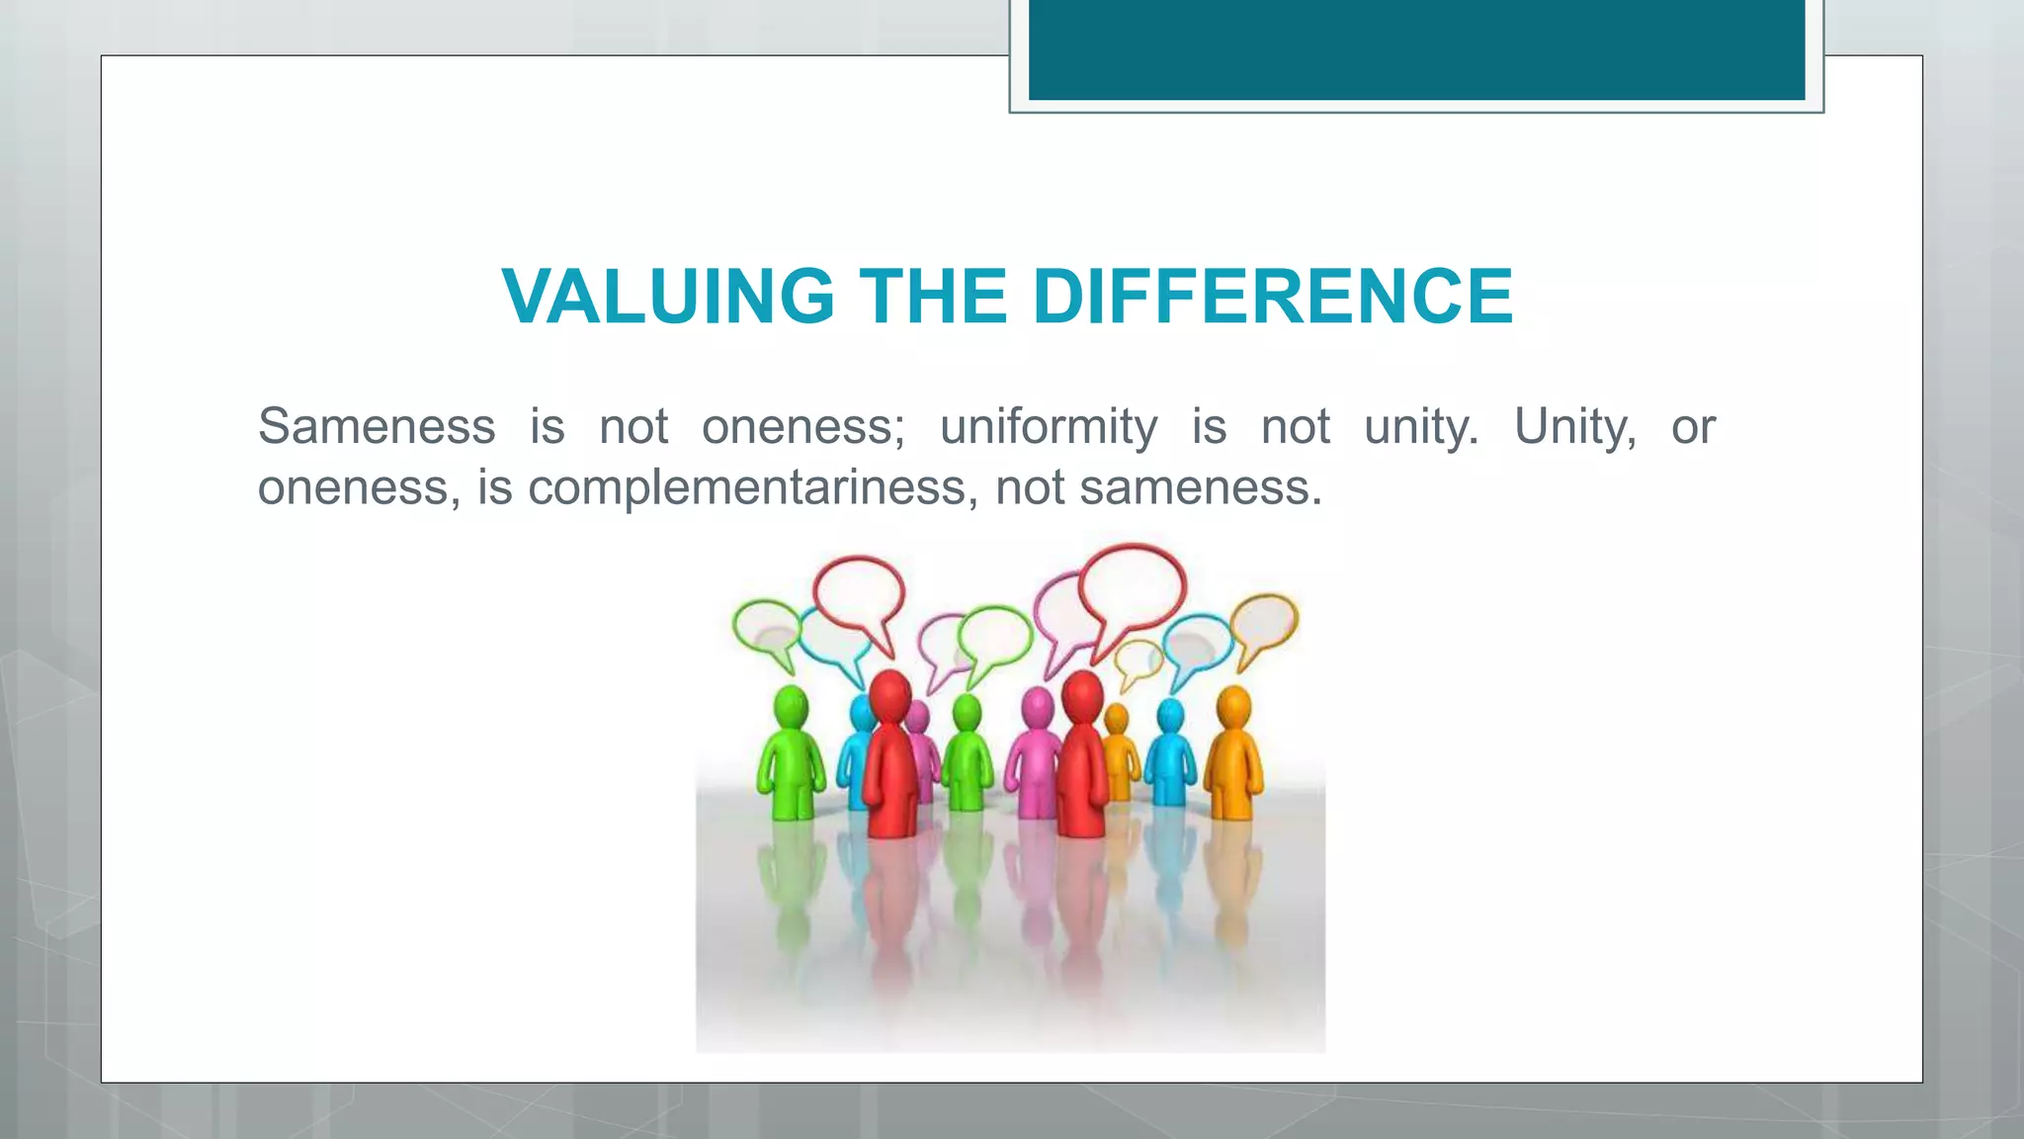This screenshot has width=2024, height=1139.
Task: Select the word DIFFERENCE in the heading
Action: tap(1272, 296)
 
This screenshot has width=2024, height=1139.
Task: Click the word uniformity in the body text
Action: tap(1049, 428)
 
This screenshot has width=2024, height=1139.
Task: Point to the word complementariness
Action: tap(747, 487)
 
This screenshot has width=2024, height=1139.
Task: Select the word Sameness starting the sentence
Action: tap(377, 427)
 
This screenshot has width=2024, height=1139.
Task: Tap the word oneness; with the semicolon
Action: tap(802, 427)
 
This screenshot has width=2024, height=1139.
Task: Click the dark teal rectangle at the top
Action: tap(1416, 49)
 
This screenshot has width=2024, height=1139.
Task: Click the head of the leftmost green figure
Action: tap(791, 708)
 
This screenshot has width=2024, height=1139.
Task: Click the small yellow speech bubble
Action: tap(1138, 659)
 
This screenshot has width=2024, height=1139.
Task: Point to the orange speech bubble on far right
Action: tap(1264, 623)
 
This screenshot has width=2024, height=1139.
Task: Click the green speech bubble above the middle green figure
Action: tap(994, 635)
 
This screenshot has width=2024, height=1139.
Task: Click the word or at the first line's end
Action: tap(1693, 427)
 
